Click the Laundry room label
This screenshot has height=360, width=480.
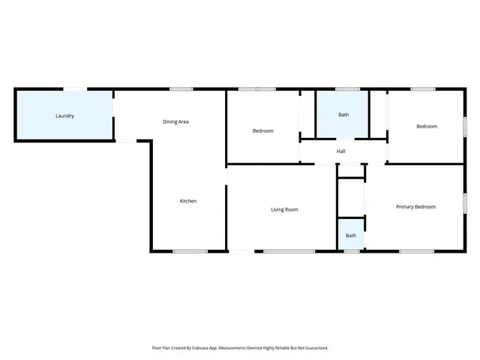tap(64, 116)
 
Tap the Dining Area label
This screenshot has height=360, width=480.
tap(175, 121)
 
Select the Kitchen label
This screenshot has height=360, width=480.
tap(187, 201)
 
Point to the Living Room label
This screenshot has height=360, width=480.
tap(284, 209)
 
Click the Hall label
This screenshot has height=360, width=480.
tap(341, 151)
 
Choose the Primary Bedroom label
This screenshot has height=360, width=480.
tap(415, 207)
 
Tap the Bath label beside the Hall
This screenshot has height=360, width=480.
tap(343, 115)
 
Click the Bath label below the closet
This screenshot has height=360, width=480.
tap(351, 235)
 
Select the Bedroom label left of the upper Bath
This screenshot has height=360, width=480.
tap(262, 131)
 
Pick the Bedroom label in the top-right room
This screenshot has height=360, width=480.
tap(426, 126)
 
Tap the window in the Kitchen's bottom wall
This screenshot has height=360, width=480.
tap(190, 251)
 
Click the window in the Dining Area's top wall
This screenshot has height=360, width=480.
tap(181, 89)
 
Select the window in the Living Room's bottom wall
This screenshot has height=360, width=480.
tap(289, 251)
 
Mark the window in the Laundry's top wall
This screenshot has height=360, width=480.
tap(74, 89)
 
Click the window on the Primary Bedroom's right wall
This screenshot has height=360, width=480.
tap(464, 202)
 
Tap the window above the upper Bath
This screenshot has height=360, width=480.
tap(347, 89)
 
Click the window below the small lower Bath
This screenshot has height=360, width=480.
tap(351, 251)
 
